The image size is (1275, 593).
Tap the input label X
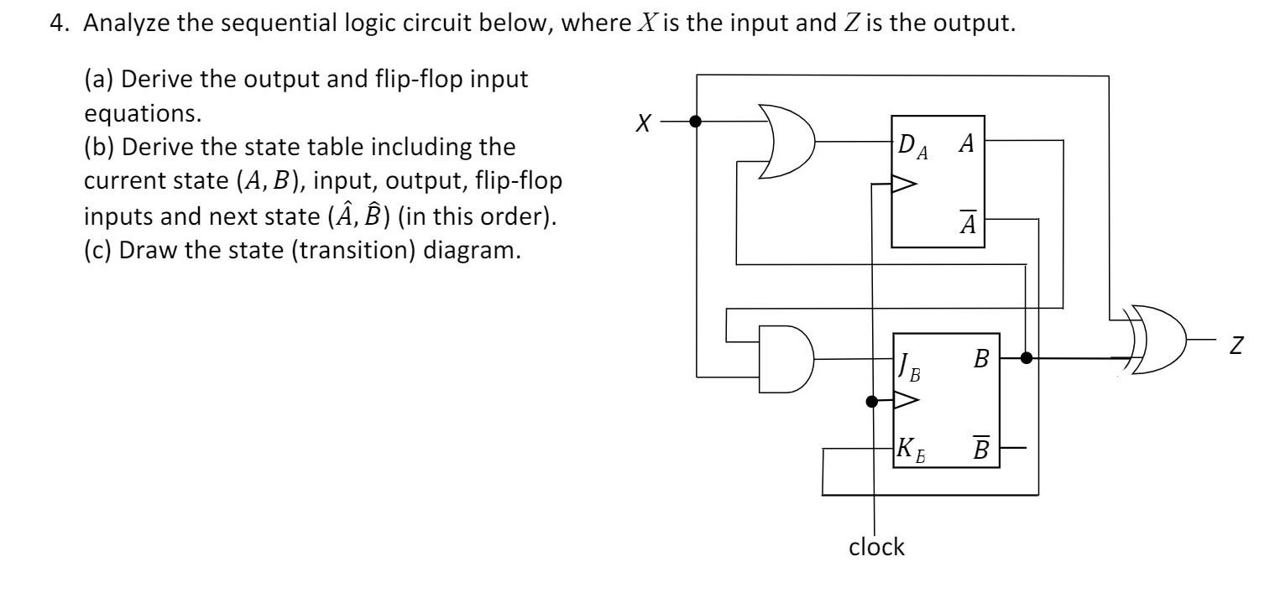point(642,122)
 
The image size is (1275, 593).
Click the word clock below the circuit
point(875,547)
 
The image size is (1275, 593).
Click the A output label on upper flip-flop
point(966,143)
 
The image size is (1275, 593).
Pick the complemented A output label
point(966,223)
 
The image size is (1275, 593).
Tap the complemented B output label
point(981,447)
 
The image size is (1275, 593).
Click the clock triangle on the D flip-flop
point(905,184)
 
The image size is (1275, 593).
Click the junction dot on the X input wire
point(695,122)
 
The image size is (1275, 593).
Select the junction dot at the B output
point(1026,358)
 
